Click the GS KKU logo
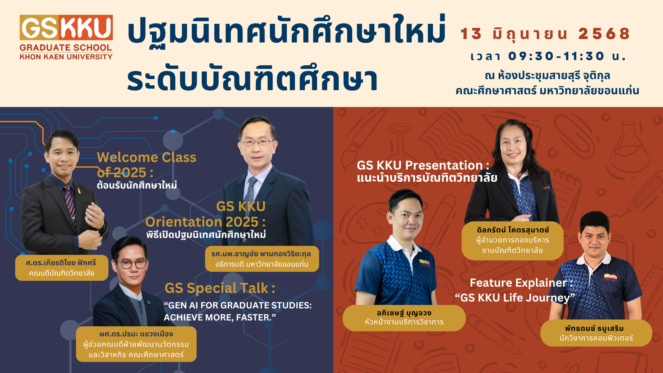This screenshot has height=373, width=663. [x=66, y=37]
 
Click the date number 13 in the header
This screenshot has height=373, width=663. [x=471, y=34]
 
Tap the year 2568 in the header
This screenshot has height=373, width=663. [x=604, y=34]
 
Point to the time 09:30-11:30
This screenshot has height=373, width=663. [x=556, y=56]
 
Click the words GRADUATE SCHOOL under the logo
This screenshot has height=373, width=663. [x=66, y=48]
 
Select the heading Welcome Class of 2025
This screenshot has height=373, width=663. [x=146, y=165]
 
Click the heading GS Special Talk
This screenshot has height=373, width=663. [x=220, y=288]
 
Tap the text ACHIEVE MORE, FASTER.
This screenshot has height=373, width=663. [x=220, y=317]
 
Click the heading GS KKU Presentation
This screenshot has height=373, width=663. [x=423, y=165]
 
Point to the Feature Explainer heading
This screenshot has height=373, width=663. [x=521, y=283]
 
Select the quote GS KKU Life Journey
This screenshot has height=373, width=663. [x=515, y=298]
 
